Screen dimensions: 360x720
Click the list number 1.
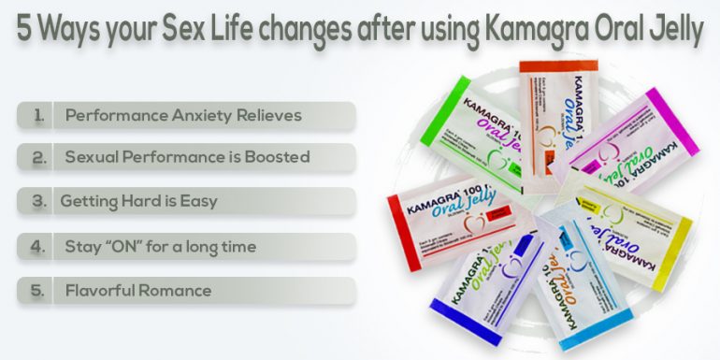(x=38, y=116)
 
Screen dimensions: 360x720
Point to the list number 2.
(x=38, y=158)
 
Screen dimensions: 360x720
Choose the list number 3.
(x=38, y=201)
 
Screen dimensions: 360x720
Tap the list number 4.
(x=38, y=247)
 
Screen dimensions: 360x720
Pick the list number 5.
(x=38, y=291)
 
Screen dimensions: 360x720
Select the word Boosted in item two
(x=275, y=158)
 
